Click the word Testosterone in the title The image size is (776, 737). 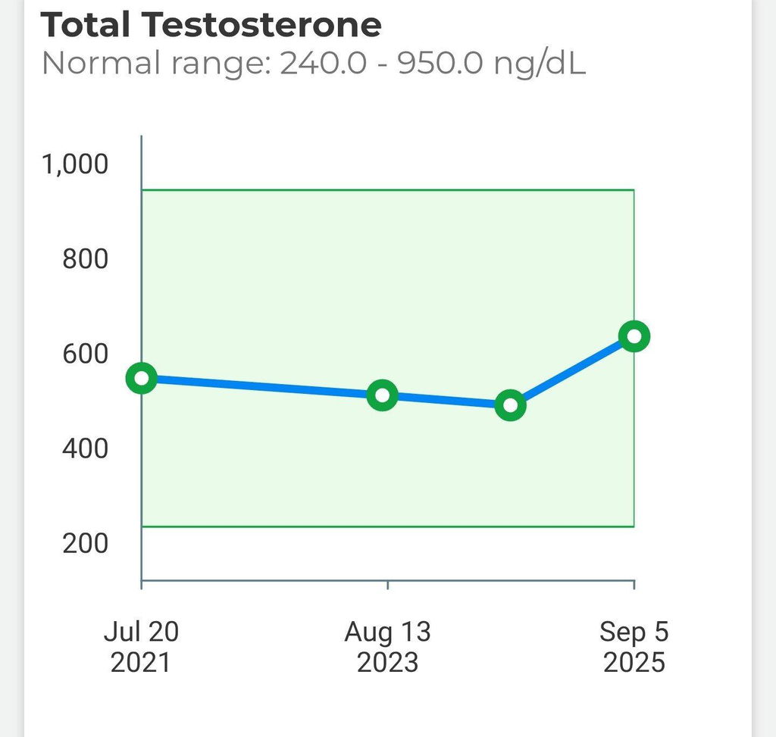point(262,24)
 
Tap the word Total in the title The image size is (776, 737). point(85,24)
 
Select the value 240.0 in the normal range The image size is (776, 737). point(323,64)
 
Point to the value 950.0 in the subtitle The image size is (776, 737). point(440,64)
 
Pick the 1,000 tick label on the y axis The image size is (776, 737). point(75,164)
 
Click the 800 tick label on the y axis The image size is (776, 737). point(85,259)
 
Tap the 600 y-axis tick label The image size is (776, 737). point(85,354)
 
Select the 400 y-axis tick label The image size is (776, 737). point(85,448)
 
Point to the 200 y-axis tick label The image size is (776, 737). point(85,543)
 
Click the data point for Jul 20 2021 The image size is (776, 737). point(142,379)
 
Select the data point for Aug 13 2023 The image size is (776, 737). point(382,395)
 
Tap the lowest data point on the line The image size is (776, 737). point(510,405)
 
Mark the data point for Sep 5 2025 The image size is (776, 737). point(634,336)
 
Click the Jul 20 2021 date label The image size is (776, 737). point(141,646)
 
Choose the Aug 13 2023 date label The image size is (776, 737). point(387,646)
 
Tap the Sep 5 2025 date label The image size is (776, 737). point(634,646)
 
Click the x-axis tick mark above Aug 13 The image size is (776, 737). point(387,585)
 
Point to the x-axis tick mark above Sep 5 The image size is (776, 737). point(634,585)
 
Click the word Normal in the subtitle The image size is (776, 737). point(102,64)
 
